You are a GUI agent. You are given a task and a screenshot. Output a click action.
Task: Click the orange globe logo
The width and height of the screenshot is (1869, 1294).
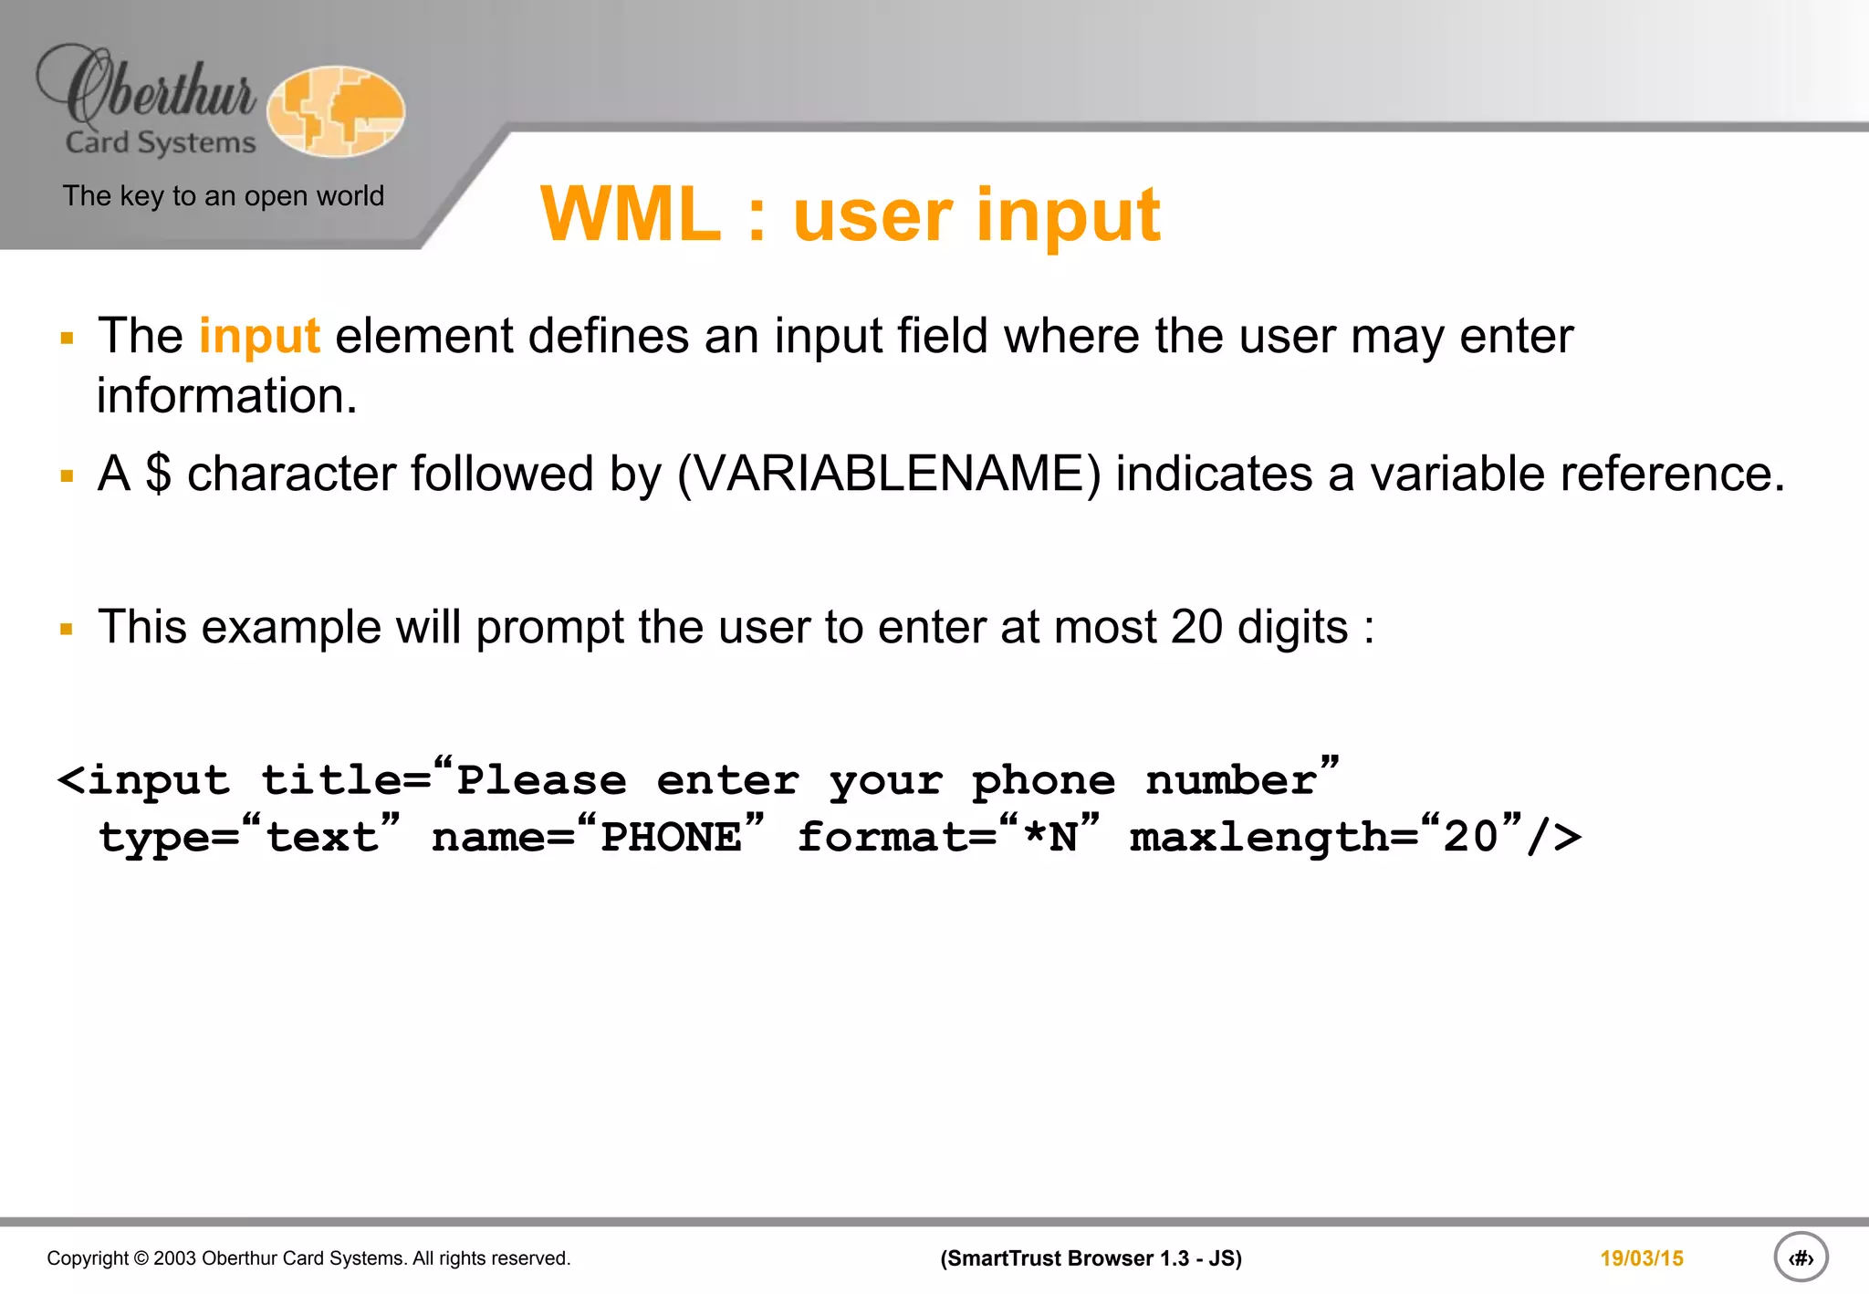(x=336, y=111)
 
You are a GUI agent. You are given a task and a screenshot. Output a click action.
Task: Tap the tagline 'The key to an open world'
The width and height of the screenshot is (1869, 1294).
(x=224, y=196)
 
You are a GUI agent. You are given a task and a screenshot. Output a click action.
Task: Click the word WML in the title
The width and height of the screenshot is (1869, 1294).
(x=631, y=215)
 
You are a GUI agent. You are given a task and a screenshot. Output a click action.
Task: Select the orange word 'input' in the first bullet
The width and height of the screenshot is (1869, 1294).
(x=259, y=336)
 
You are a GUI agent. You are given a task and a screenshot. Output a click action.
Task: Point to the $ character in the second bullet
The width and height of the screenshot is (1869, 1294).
(x=158, y=474)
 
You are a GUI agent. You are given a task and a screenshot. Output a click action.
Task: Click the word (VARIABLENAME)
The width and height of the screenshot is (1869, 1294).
(x=889, y=475)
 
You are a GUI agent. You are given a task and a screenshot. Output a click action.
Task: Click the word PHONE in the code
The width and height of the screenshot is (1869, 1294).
(x=671, y=838)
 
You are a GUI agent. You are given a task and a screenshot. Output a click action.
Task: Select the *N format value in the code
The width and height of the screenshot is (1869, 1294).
(x=1049, y=838)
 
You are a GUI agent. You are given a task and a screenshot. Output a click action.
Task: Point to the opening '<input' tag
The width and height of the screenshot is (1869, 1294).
(x=144, y=781)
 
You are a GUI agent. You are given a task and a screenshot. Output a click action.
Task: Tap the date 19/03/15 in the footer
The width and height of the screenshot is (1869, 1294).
(x=1641, y=1258)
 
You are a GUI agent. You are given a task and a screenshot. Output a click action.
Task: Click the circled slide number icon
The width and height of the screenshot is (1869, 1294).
(x=1800, y=1257)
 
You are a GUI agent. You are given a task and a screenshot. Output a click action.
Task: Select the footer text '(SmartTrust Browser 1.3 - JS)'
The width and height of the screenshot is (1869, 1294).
(x=1091, y=1258)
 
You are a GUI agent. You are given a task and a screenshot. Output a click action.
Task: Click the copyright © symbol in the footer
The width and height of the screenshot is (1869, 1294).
(x=141, y=1258)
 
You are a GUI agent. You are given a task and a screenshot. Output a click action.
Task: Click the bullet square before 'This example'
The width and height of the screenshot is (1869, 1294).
(x=67, y=629)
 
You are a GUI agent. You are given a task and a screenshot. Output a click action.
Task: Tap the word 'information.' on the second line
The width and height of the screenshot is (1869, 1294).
(x=227, y=397)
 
